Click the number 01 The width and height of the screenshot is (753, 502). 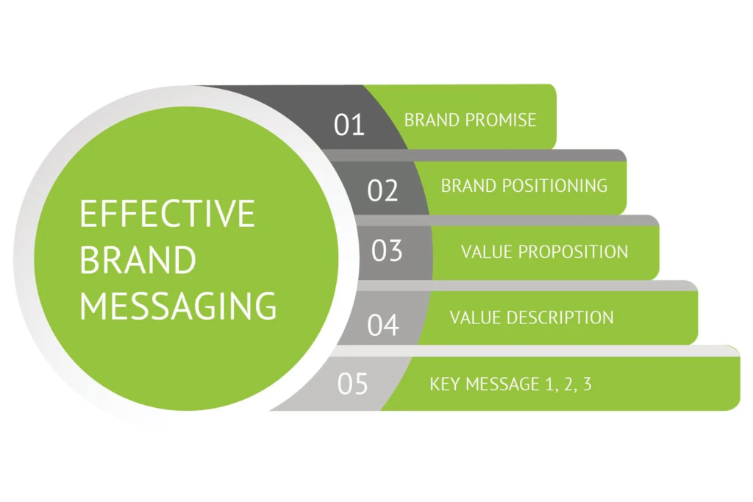click(x=349, y=124)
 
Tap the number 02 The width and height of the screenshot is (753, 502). click(x=382, y=190)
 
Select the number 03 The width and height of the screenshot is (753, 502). click(x=387, y=251)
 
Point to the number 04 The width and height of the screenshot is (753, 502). click(x=382, y=324)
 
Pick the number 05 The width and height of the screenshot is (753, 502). click(x=352, y=384)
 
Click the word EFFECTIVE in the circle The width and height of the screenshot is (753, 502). click(x=167, y=214)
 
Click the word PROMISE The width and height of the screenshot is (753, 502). click(x=502, y=120)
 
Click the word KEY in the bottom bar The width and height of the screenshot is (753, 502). click(x=444, y=384)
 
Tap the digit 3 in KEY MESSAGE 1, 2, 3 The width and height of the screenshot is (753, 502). click(x=586, y=384)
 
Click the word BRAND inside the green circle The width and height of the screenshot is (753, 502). click(x=138, y=259)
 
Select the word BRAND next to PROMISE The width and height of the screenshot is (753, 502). click(x=434, y=120)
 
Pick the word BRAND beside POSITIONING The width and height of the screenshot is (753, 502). click(x=470, y=185)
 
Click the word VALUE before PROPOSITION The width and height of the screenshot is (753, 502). click(x=487, y=251)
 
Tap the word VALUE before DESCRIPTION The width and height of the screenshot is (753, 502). click(x=475, y=318)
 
